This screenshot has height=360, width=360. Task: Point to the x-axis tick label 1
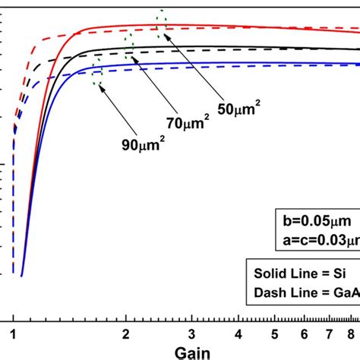tap(13, 331)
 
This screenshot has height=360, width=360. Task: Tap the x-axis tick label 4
tap(240, 331)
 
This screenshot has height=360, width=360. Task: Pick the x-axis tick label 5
tap(276, 331)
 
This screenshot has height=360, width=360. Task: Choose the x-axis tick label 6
tap(306, 331)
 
